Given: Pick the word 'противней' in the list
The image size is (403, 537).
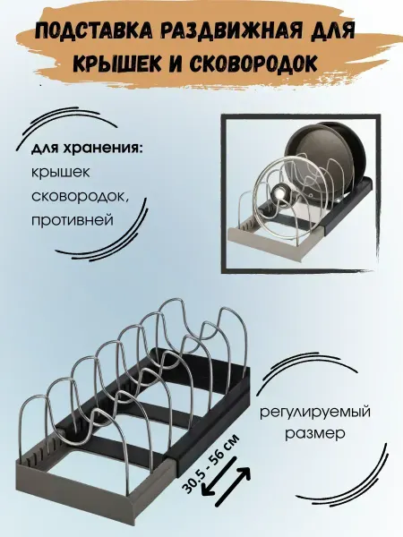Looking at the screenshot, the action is [73, 219].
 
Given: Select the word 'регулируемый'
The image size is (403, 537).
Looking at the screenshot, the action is [315, 412].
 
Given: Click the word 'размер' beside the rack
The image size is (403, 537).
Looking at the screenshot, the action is [315, 434].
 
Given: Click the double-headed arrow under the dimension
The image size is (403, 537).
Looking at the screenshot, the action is [226, 482].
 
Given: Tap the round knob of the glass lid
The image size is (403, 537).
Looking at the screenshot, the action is [279, 192].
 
